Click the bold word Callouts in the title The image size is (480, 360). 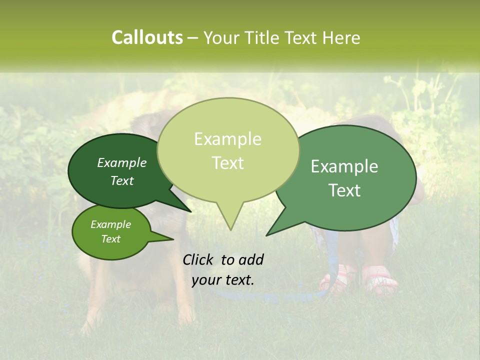tap(147, 37)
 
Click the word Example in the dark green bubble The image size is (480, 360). tap(122, 162)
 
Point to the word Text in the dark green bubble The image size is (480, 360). tap(122, 180)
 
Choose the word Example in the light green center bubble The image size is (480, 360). tap(227, 139)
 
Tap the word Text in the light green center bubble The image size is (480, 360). tap(227, 163)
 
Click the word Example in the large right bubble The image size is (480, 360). tap(344, 166)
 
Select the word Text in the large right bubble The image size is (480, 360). tap(344, 190)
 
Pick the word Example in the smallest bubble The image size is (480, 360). tap(111, 224)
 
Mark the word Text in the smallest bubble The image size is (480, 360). tap(111, 239)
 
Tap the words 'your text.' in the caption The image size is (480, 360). tap(223, 280)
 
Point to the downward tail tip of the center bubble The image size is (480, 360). tap(230, 229)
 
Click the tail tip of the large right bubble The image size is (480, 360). tap(267, 235)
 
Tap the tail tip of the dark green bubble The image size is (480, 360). tap(190, 211)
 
